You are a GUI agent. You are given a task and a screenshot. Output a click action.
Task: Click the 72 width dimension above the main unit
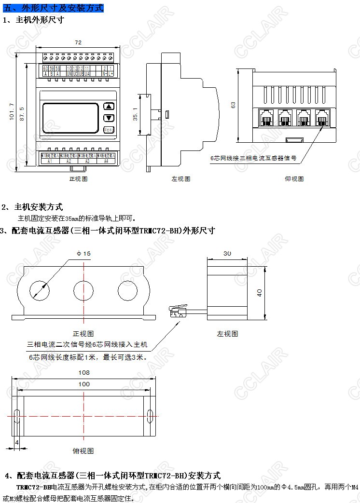pyautogui.click(x=78, y=42)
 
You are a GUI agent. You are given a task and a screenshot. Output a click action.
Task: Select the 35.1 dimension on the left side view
pyautogui.click(x=136, y=116)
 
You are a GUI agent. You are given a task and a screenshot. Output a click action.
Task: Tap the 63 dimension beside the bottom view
pyautogui.click(x=234, y=105)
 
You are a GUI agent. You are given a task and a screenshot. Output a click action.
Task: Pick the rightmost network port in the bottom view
pyautogui.click(x=322, y=117)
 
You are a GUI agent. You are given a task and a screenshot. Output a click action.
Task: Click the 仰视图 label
pyautogui.click(x=294, y=179)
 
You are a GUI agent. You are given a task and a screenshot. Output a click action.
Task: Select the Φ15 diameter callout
pyautogui.click(x=83, y=253)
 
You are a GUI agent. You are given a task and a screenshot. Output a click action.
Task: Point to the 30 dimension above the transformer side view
pyautogui.click(x=227, y=253)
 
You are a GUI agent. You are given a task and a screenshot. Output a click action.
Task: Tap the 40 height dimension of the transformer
pyautogui.click(x=259, y=293)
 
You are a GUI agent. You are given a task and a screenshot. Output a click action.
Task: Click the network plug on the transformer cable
pyautogui.click(x=177, y=310)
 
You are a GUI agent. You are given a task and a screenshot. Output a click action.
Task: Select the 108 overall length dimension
pyautogui.click(x=84, y=372)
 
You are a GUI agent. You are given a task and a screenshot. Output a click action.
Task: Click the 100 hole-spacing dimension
pyautogui.click(x=84, y=384)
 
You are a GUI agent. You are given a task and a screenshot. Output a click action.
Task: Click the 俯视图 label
pyautogui.click(x=83, y=451)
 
